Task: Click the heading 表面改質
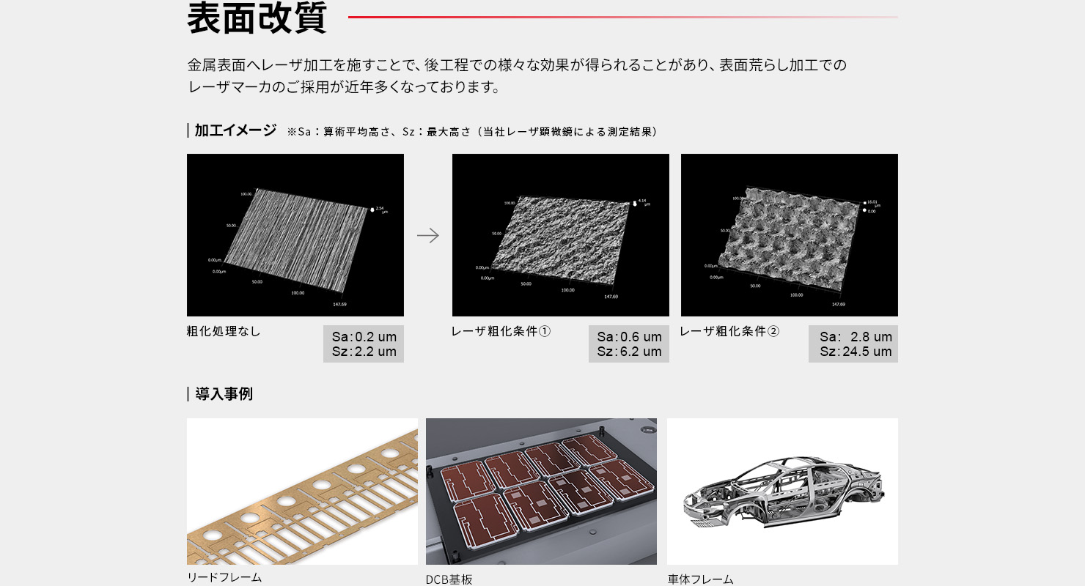pos(257,18)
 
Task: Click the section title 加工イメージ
pos(235,130)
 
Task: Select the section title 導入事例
pos(224,394)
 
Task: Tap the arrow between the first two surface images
pos(428,235)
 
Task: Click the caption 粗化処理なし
pos(224,331)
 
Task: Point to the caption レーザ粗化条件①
pos(501,331)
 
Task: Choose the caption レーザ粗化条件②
pos(729,331)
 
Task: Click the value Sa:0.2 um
pos(364,337)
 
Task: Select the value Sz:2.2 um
pos(364,352)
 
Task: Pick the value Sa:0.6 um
pos(629,337)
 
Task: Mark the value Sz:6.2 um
pos(629,352)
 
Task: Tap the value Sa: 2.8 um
pos(856,337)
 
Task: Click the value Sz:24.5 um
pos(856,352)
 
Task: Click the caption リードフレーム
pos(224,577)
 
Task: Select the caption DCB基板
pos(449,579)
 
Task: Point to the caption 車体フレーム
pos(700,579)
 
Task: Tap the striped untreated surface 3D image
pos(295,235)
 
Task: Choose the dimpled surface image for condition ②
pos(790,235)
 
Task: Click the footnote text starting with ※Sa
pos(472,132)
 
